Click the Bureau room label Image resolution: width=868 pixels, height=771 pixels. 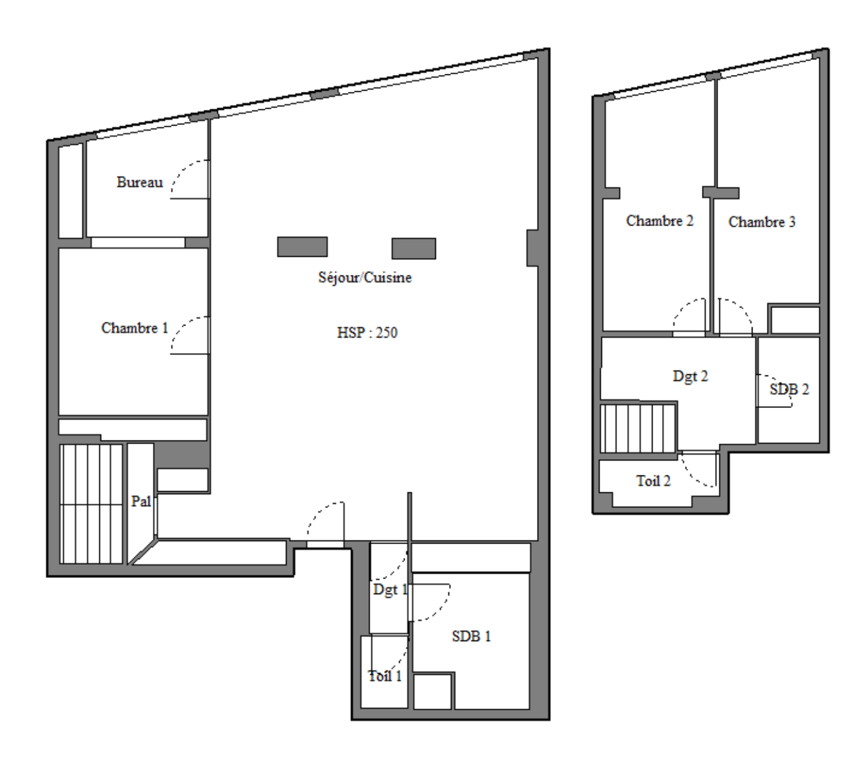coord(140,182)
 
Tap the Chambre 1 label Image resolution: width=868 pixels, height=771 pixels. coord(134,328)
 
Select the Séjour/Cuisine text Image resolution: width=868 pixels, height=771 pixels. coord(365,277)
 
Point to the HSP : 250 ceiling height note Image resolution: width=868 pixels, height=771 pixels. coord(367,333)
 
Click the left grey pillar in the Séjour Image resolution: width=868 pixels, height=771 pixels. coord(302,247)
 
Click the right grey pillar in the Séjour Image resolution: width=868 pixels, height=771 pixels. coord(414,249)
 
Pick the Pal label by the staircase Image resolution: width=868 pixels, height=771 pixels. coord(141,501)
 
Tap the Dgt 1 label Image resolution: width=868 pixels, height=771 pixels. coord(390,590)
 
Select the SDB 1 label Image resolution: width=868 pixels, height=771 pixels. coord(471,636)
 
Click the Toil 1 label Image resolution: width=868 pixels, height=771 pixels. coord(385,676)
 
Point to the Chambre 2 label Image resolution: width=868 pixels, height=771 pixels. coord(659,221)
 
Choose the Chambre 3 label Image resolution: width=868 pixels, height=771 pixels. coord(762,222)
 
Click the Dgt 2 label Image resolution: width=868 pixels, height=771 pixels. coord(690,377)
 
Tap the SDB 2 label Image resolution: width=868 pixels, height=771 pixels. coord(789,389)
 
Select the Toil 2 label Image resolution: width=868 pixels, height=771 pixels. coord(653,481)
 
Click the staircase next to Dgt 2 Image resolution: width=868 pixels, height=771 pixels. coord(638,429)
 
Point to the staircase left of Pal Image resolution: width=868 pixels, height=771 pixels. coord(91,504)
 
